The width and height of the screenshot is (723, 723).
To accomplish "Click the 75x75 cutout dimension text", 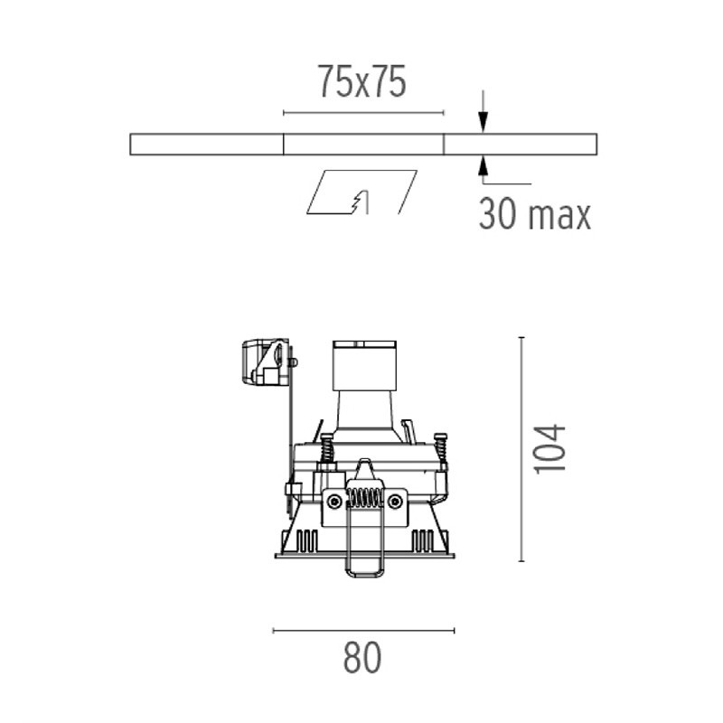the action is coord(362,81).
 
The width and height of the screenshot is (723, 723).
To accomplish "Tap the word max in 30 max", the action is coord(559,215).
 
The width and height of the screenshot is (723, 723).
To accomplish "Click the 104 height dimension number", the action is coord(549,448).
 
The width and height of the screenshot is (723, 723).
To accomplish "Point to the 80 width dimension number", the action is coord(362,657).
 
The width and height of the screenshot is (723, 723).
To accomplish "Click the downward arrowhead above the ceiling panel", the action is coord(483,122).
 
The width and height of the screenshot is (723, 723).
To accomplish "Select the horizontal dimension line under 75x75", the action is coord(363,112).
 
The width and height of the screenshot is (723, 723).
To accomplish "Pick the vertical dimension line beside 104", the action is coord(521,449).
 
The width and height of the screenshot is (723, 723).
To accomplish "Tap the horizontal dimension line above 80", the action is coord(364,630).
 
